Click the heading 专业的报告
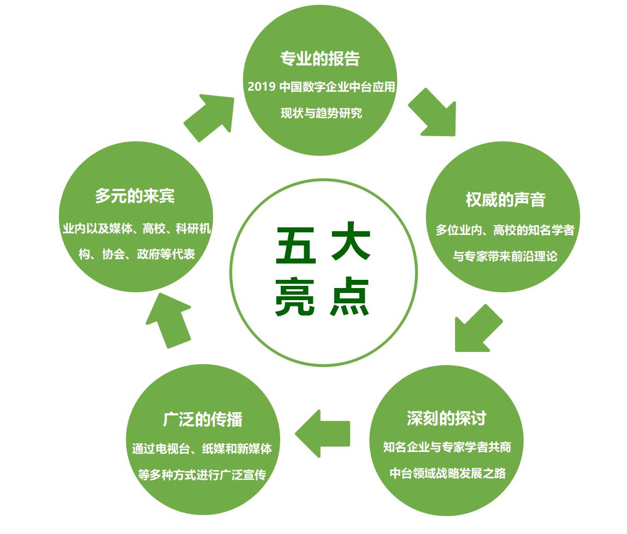click(320, 58)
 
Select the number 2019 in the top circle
click(261, 86)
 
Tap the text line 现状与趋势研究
click(321, 113)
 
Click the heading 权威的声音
click(505, 199)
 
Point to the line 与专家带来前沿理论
click(505, 256)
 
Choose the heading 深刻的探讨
click(446, 418)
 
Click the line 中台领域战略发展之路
click(447, 473)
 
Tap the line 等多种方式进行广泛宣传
click(202, 475)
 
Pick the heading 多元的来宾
click(135, 196)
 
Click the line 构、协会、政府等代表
click(137, 254)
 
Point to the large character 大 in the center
click(351, 241)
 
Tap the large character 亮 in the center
click(295, 297)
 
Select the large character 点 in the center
click(350, 297)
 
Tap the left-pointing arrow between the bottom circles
click(322, 433)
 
